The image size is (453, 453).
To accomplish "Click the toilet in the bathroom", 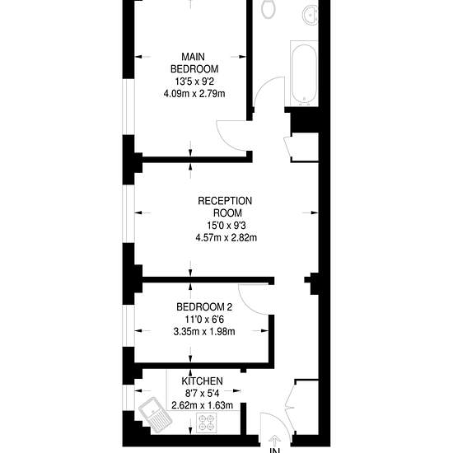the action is click(269, 9).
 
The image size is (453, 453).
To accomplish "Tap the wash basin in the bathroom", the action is click(311, 15).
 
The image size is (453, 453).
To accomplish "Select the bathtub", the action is click(304, 73).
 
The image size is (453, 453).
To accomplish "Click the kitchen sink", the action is click(156, 415).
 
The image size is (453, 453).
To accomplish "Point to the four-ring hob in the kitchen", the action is click(207, 423).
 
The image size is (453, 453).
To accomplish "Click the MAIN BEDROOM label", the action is click(194, 63).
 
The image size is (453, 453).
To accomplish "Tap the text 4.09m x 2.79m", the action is click(194, 94).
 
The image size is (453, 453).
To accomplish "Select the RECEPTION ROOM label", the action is click(225, 207).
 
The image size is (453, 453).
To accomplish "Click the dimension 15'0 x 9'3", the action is click(226, 225).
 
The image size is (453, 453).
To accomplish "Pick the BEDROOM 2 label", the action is click(204, 307).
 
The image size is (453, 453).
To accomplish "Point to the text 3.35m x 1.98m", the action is click(204, 332).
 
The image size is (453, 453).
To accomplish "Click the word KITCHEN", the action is click(203, 381).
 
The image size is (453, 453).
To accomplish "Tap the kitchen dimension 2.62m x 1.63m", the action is click(203, 405).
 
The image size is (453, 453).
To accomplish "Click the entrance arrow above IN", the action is click(274, 440).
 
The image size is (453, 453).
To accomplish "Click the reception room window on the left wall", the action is click(128, 214).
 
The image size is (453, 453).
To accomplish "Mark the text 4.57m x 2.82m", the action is click(226, 238).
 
